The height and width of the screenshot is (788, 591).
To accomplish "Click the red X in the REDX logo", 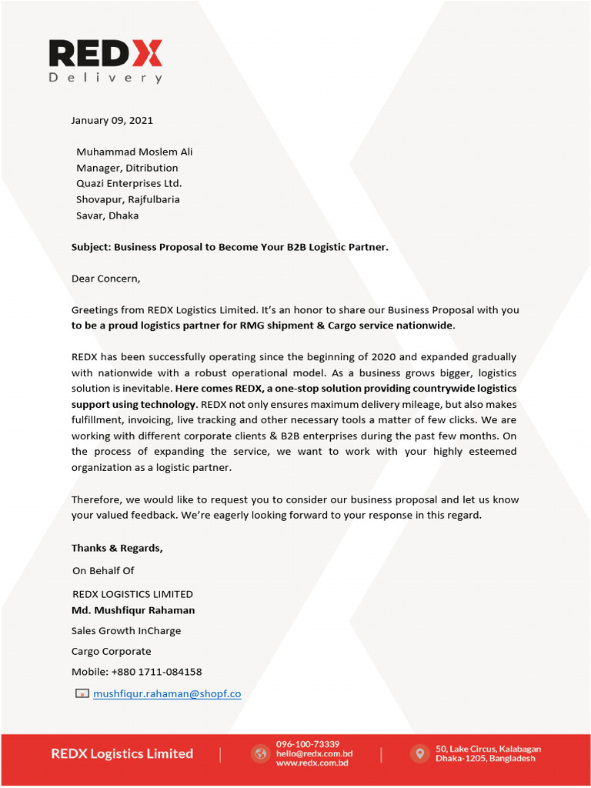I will [x=145, y=54].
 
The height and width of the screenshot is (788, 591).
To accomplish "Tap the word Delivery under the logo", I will [x=105, y=78].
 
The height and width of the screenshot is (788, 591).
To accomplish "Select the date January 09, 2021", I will [x=112, y=120].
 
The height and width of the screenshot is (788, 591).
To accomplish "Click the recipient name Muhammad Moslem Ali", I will [x=134, y=152].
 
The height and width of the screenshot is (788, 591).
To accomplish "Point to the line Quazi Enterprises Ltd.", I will [x=129, y=183].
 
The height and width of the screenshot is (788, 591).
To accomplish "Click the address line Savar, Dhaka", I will [x=107, y=215].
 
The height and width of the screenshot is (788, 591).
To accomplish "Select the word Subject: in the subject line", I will [x=92, y=247].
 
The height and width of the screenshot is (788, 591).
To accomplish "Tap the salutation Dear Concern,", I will [x=105, y=279].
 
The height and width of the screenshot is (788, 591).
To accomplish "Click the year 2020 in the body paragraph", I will [x=383, y=357].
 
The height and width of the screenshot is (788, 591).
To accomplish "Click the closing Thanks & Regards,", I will [x=117, y=548].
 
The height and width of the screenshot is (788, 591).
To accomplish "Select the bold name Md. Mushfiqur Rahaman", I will [x=133, y=610].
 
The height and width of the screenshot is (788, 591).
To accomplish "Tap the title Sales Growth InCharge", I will [x=126, y=631].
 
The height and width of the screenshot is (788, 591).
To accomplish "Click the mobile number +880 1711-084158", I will [x=156, y=672].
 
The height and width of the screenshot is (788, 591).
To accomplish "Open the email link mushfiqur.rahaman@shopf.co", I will [x=167, y=693].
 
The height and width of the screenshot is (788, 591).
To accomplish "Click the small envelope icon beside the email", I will [x=82, y=693].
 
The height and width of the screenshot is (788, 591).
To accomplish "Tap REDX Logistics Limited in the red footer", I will [x=122, y=753].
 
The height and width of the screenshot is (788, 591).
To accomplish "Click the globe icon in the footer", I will [x=260, y=753].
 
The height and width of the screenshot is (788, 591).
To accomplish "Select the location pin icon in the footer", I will [x=419, y=753].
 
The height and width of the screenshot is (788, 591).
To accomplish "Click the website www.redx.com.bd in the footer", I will [x=312, y=763].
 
